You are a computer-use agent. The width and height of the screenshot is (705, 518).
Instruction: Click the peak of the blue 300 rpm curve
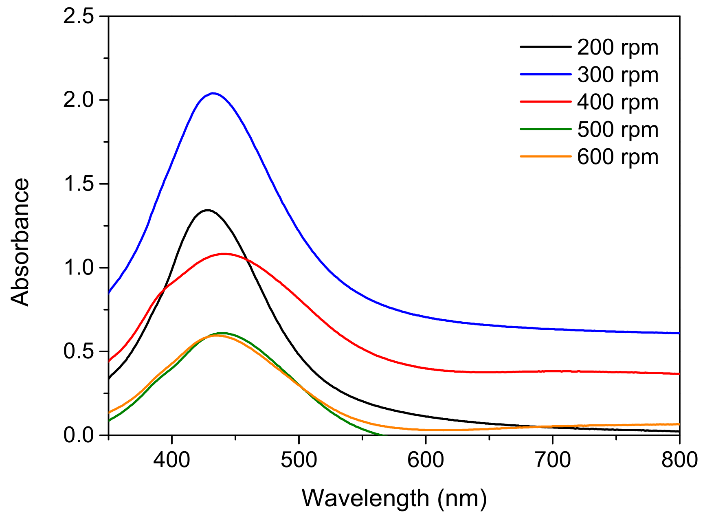tap(213, 93)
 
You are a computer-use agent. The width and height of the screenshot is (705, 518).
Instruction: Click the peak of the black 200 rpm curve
tap(207, 210)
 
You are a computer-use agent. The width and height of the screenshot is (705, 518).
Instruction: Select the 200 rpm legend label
tap(617, 48)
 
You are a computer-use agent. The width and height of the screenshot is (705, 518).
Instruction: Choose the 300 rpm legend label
tap(617, 75)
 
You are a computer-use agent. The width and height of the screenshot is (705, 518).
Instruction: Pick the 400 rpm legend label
tap(617, 102)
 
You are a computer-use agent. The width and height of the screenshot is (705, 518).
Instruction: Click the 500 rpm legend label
tap(617, 129)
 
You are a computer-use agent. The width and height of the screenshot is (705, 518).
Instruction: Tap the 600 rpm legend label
tap(617, 157)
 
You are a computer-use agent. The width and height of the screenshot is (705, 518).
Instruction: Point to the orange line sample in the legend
tap(545, 156)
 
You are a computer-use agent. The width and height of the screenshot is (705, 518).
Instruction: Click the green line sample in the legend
tap(545, 129)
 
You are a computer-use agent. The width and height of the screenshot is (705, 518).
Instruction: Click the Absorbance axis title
tap(20, 242)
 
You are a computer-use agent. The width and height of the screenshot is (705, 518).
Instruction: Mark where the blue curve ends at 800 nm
tap(679, 333)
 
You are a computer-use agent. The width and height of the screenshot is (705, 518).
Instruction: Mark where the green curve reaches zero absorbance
tap(383, 435)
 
